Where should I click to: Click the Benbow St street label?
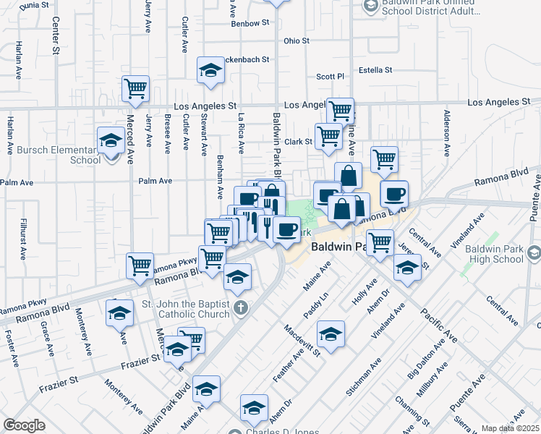pyautogui.click(x=250, y=24)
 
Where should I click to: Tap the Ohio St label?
pyautogui.click(x=297, y=41)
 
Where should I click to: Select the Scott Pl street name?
pyautogui.click(x=330, y=76)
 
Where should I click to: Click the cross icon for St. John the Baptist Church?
pyautogui.click(x=242, y=309)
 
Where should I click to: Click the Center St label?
pyautogui.click(x=56, y=36)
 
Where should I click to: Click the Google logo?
pyautogui.click(x=24, y=425)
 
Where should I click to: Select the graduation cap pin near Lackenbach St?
pyautogui.click(x=210, y=71)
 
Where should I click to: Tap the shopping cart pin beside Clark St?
pyautogui.click(x=328, y=135)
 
